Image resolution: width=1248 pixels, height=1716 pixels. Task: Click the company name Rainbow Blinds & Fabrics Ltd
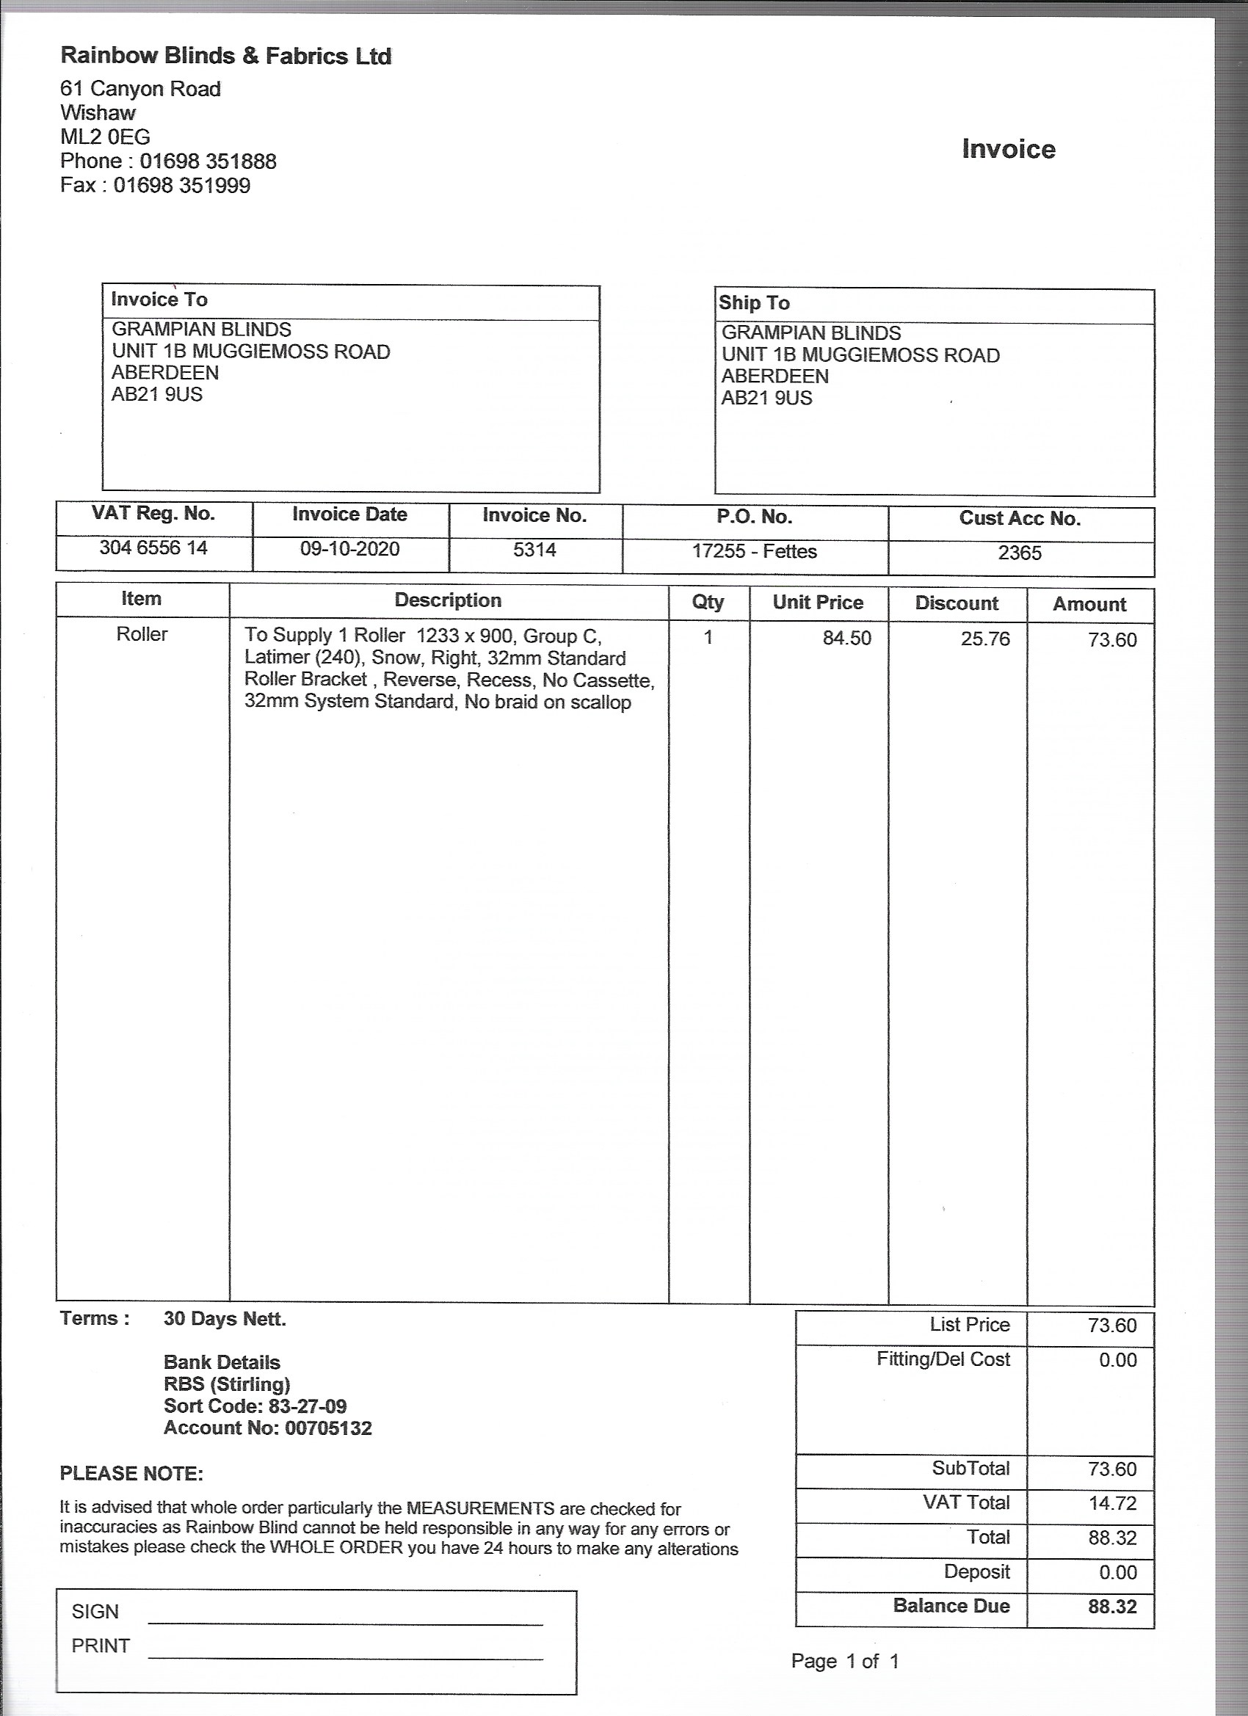[x=225, y=56]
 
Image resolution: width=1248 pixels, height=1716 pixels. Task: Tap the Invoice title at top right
[x=1008, y=149]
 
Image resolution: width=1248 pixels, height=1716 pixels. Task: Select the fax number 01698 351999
[x=181, y=186]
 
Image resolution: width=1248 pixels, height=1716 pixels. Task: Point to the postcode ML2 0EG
[x=105, y=137]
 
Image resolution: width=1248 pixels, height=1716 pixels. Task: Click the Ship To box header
[x=754, y=302]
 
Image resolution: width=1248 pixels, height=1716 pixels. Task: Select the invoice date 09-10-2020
[x=349, y=548]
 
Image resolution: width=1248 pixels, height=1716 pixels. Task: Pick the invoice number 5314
[x=534, y=549]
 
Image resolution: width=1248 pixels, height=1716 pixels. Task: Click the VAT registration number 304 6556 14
[x=153, y=548]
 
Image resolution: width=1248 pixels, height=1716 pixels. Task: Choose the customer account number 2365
[x=1020, y=553]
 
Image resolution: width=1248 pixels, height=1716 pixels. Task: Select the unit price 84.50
[x=847, y=638]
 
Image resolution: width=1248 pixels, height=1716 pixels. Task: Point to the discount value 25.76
[x=985, y=639]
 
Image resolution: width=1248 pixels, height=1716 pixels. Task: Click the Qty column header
[x=708, y=602]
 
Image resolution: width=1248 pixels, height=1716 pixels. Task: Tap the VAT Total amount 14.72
[x=1111, y=1502]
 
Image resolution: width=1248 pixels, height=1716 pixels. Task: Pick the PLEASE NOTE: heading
[x=131, y=1473]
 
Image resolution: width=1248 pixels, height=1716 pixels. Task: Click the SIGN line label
[x=95, y=1611]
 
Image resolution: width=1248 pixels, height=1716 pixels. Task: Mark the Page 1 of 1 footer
[x=845, y=1661]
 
